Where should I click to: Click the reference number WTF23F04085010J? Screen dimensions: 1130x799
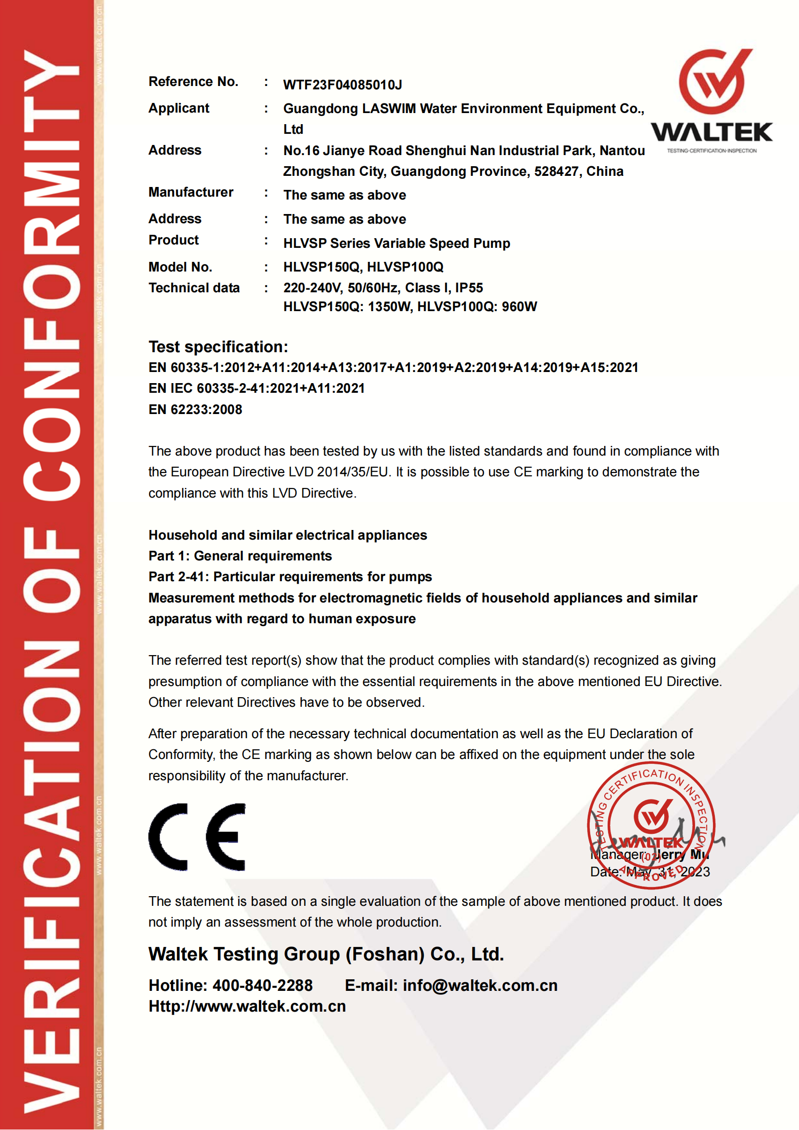coord(342,85)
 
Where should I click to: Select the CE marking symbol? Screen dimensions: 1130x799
coord(197,837)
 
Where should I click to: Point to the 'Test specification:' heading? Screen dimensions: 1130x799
coord(218,346)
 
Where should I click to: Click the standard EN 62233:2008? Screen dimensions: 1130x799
coord(195,410)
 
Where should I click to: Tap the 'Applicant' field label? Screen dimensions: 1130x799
coord(179,108)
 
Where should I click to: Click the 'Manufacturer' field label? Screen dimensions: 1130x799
coord(190,192)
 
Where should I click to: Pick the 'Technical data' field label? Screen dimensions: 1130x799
coord(194,287)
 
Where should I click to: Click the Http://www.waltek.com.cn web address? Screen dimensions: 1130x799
coord(247,1006)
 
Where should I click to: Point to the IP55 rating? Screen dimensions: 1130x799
coord(469,287)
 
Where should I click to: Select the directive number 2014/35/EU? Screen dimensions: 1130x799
coord(352,472)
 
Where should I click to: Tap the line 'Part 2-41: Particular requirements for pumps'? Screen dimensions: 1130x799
coord(290,576)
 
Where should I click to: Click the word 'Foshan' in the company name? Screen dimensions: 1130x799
coord(385,954)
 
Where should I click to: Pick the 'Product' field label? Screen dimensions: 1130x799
coord(174,240)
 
